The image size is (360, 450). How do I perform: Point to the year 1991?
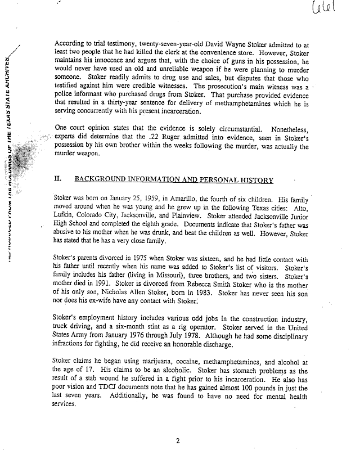(126, 286)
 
